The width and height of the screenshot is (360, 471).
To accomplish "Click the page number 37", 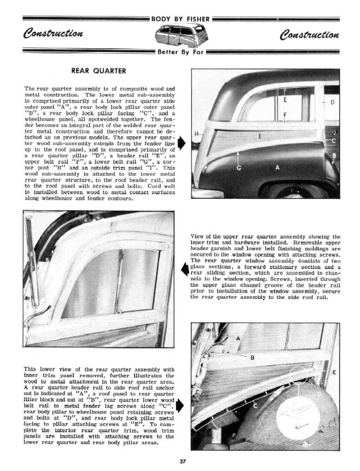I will (183, 461).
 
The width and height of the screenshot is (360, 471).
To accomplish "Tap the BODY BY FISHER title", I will (180, 19).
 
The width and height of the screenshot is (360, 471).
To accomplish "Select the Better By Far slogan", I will (180, 52).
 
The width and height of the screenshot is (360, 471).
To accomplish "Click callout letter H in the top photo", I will (196, 134).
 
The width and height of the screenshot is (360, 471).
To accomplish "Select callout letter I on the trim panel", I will (259, 136).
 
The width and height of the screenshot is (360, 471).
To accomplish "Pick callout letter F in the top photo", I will (285, 114).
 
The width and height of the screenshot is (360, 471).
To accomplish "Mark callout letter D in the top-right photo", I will (332, 102).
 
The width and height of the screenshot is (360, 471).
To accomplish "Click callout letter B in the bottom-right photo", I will (252, 357).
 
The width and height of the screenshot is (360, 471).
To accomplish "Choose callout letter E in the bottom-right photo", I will (334, 373).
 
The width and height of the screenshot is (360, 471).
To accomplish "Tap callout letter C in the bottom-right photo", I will (255, 405).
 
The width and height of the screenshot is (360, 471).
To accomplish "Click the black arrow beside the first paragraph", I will (181, 142).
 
